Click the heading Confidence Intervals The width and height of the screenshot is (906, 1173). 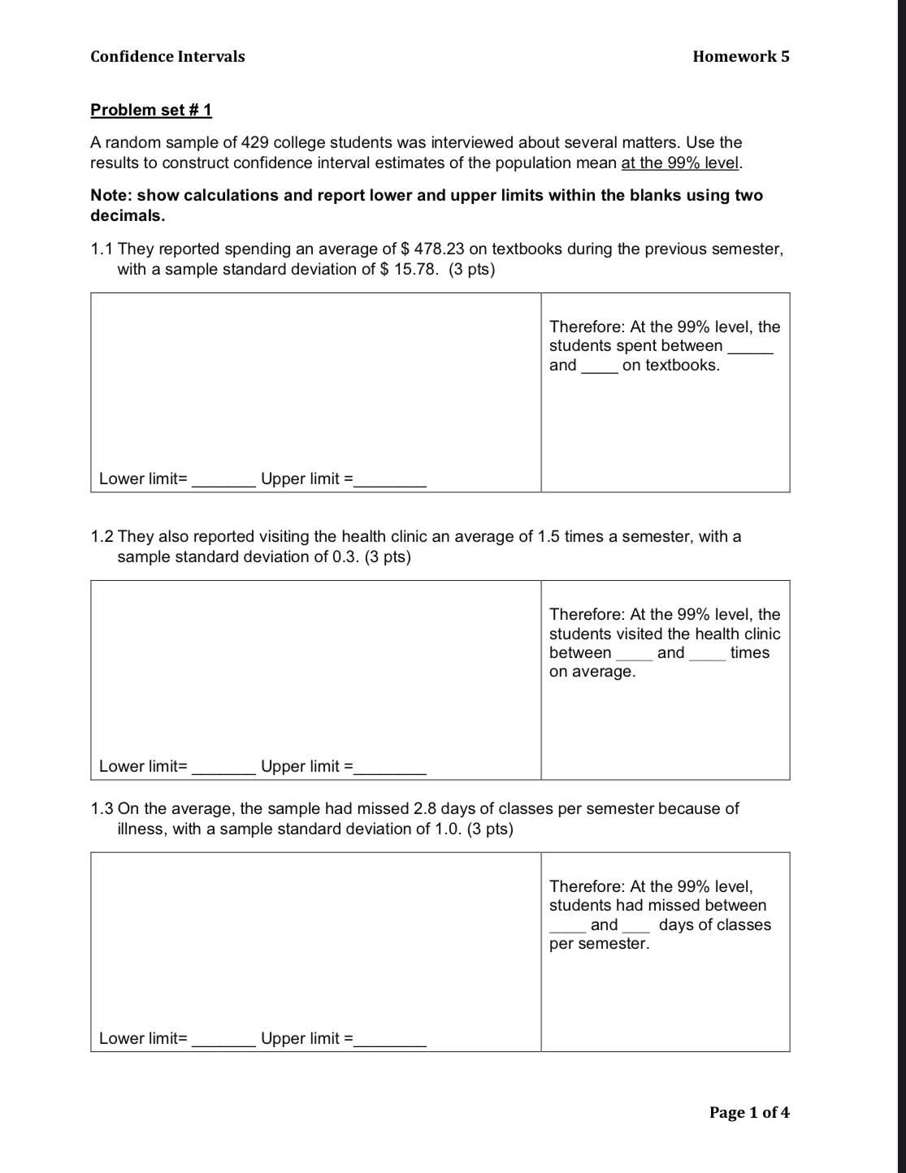[167, 56]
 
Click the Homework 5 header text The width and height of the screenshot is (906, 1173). [740, 56]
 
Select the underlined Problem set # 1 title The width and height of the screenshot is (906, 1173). [151, 110]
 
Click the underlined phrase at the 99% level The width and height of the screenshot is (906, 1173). [680, 162]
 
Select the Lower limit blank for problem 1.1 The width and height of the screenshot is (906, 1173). [223, 481]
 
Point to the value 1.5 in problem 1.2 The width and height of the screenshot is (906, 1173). [549, 536]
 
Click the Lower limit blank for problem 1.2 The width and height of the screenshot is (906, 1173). [223, 768]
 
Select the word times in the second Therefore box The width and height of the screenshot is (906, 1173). [749, 652]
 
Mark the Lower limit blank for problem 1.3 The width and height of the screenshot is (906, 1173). [223, 1041]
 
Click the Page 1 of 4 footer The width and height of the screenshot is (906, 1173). [748, 1112]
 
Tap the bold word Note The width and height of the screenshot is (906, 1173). [110, 195]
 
